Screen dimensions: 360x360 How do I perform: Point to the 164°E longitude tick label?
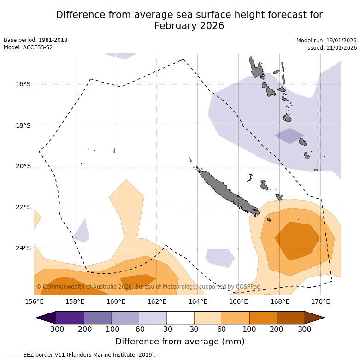pos(198,302)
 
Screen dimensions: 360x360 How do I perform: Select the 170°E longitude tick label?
pos(320,302)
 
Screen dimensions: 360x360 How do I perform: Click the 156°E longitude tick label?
pos(34,302)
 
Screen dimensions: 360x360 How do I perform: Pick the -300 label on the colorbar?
pos(56,329)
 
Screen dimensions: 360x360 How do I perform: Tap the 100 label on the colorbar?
pos(249,329)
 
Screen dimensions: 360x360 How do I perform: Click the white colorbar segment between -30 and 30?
pos(180,318)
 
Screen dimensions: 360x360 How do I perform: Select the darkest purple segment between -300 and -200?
pos(70,318)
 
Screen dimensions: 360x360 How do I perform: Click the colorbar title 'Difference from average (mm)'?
pos(180,342)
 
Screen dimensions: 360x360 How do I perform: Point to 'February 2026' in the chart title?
pos(189,26)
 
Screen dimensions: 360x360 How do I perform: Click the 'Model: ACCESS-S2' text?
pos(28,47)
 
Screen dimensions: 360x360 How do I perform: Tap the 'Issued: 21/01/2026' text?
pos(331,47)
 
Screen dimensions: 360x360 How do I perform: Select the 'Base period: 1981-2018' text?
pos(35,40)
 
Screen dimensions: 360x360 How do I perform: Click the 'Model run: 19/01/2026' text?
pos(326,40)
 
